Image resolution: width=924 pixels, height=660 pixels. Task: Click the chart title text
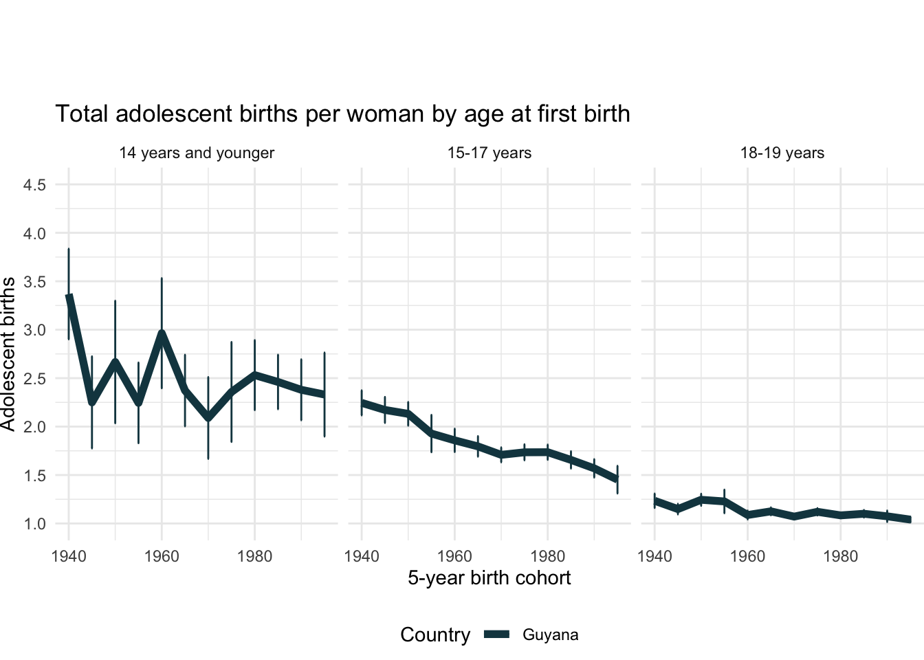pyautogui.click(x=342, y=114)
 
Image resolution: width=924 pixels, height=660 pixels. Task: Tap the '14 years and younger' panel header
pyautogui.click(x=197, y=153)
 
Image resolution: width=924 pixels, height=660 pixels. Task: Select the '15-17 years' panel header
pyautogui.click(x=489, y=153)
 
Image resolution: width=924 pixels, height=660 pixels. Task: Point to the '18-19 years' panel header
pyautogui.click(x=782, y=153)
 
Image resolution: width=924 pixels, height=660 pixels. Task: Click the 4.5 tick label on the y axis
pyautogui.click(x=34, y=185)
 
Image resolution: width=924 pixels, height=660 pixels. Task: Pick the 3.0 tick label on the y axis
pyautogui.click(x=34, y=330)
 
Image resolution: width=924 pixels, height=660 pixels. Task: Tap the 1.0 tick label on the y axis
pyautogui.click(x=34, y=524)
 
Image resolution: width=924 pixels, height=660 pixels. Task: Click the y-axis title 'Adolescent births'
pyautogui.click(x=8, y=354)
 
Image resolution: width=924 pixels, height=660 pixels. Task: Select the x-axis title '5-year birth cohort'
pyautogui.click(x=489, y=578)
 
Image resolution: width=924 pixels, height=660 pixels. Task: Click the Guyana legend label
pyautogui.click(x=550, y=635)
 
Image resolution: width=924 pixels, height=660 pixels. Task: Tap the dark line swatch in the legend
pyautogui.click(x=496, y=635)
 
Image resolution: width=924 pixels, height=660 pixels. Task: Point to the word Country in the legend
pyautogui.click(x=435, y=635)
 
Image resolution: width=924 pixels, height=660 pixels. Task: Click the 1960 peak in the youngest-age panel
pyautogui.click(x=162, y=333)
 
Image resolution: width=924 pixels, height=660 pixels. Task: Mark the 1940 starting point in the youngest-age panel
pyautogui.click(x=69, y=296)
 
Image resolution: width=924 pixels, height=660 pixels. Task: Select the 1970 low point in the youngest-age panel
pyautogui.click(x=208, y=417)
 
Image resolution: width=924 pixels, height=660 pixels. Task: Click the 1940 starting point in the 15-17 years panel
pyautogui.click(x=362, y=403)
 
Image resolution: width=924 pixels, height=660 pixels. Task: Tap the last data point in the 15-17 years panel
pyautogui.click(x=617, y=478)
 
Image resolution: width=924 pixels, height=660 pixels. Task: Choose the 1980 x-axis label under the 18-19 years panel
pyautogui.click(x=840, y=556)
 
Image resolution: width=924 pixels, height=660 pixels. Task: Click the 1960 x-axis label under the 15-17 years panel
pyautogui.click(x=454, y=556)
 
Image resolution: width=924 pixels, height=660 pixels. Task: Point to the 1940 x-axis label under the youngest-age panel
pyautogui.click(x=69, y=556)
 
